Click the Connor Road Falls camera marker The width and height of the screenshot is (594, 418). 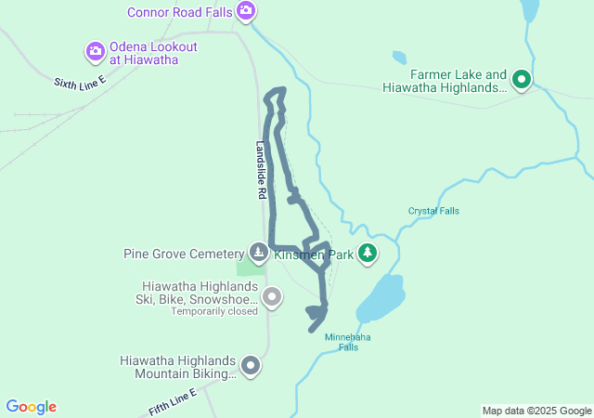coord(246,11)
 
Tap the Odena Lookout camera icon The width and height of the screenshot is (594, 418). coord(96,51)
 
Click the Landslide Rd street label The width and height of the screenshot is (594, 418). coord(262,172)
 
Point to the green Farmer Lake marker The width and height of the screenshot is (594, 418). coord(522,81)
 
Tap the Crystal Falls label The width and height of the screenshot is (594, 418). coord(433,211)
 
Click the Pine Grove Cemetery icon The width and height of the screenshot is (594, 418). coord(258,253)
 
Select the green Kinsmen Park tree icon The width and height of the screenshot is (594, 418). coord(368,253)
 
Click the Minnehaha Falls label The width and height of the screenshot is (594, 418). coord(348,342)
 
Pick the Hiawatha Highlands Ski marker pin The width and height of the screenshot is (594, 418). coord(271,297)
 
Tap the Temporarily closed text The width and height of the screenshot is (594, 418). coord(213,312)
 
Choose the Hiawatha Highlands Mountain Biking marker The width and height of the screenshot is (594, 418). coord(251,366)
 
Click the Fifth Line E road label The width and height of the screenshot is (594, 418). coord(174,402)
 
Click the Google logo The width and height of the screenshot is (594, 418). coord(32,407)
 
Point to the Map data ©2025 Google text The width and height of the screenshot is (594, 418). coord(536,411)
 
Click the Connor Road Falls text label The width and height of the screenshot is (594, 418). coord(180,11)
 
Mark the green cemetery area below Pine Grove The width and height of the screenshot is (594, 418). coord(248,268)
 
